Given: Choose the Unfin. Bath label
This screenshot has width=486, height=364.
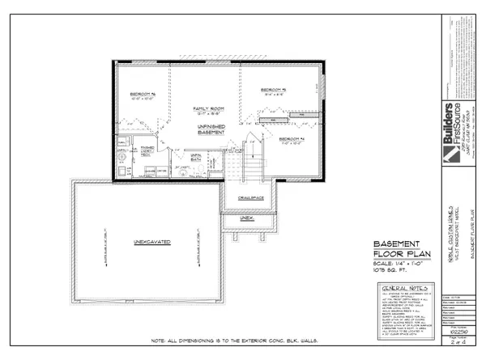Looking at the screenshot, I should (x=194, y=160).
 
